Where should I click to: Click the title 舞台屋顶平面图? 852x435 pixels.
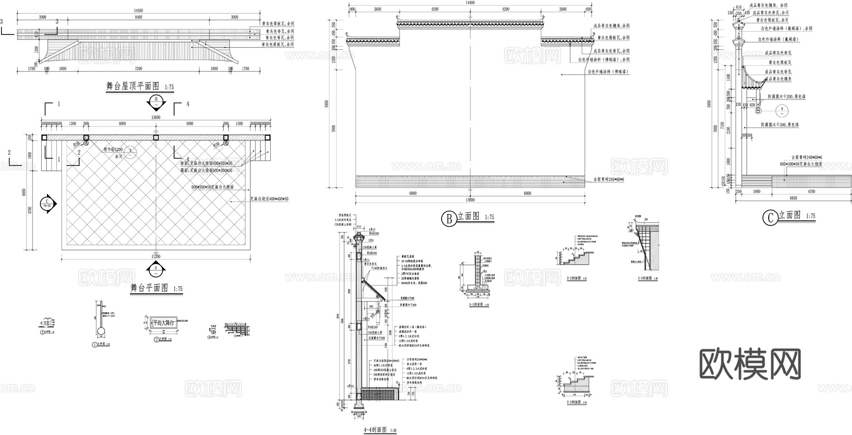tap(133, 87)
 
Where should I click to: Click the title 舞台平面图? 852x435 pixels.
tap(149, 288)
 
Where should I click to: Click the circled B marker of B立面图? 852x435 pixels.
tap(448, 218)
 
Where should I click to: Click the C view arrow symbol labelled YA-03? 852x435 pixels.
tap(48, 204)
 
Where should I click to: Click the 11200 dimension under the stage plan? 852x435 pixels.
tap(156, 257)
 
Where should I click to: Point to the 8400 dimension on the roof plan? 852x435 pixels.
tap(138, 17)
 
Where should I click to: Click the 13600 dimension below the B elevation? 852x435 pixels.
tap(470, 200)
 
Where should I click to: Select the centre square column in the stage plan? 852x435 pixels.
tap(156, 137)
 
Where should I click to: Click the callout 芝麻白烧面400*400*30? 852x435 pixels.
tap(269, 199)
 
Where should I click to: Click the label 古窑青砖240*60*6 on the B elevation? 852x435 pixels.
tap(608, 180)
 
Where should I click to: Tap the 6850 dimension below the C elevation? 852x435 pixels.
tap(793, 198)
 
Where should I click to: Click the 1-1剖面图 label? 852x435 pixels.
tap(476, 305)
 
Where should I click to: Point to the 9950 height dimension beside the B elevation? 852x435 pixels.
tap(334, 104)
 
